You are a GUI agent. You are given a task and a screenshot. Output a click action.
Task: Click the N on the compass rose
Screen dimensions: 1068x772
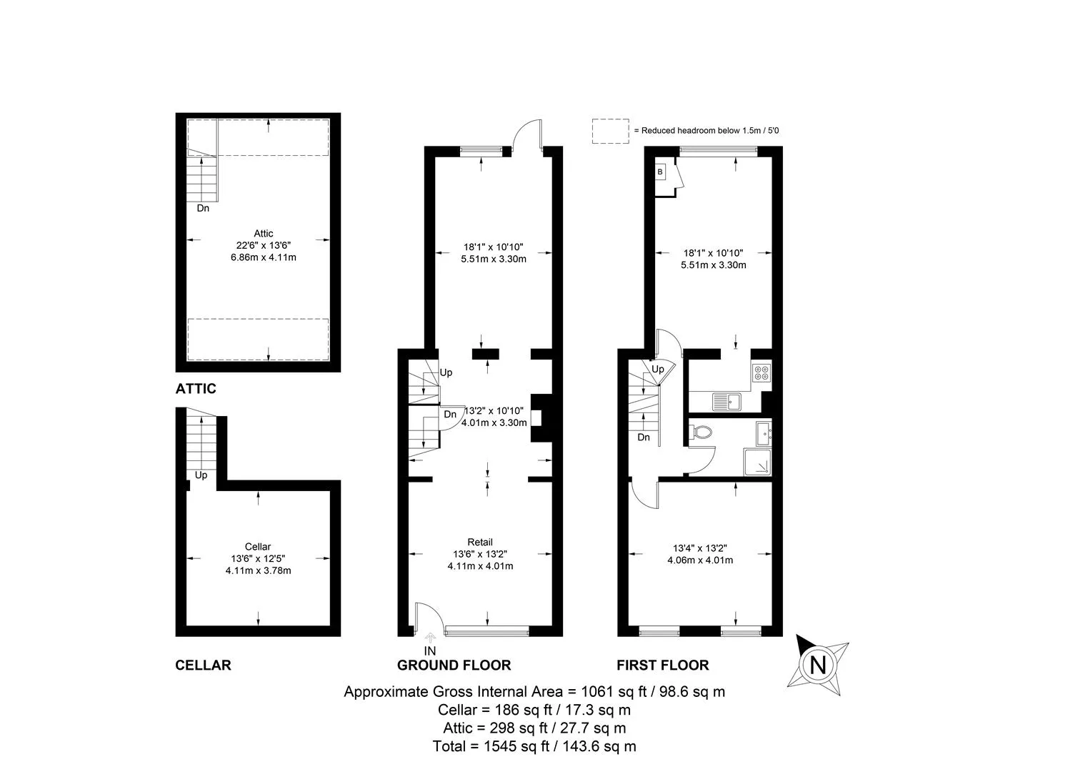(818, 665)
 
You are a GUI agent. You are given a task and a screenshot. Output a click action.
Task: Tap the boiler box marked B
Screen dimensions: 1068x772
(660, 172)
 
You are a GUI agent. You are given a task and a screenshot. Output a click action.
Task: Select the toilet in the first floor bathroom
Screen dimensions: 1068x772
(701, 432)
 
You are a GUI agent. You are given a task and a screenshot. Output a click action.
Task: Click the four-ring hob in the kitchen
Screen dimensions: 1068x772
(762, 372)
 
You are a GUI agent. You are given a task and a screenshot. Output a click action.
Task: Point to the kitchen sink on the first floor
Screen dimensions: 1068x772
(727, 401)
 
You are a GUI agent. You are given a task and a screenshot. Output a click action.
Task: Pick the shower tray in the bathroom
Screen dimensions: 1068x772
(757, 462)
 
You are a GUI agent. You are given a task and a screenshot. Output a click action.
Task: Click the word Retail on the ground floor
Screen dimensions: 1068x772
(480, 542)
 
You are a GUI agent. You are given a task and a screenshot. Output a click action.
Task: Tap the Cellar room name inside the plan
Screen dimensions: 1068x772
(257, 546)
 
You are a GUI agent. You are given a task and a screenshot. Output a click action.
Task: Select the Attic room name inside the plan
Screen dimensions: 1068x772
(263, 233)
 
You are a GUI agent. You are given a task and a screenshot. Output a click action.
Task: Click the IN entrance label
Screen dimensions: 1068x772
(430, 650)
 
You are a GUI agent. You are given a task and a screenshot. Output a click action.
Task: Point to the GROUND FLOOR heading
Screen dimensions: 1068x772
(454, 665)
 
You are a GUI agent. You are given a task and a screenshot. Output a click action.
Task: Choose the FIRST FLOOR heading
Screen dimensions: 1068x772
(663, 665)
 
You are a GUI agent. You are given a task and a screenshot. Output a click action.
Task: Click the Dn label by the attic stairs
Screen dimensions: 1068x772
(203, 208)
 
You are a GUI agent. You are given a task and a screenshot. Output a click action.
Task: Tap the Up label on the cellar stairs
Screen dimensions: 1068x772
(201, 475)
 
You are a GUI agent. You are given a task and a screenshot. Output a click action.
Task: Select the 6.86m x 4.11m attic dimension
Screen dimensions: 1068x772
(263, 257)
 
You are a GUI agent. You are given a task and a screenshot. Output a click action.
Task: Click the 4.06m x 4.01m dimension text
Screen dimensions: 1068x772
(700, 560)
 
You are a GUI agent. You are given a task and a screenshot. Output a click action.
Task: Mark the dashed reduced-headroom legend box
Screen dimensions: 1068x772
(610, 132)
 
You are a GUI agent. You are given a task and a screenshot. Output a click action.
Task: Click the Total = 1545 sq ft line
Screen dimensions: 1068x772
(534, 746)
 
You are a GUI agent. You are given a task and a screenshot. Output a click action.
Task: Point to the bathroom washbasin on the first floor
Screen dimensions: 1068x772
(764, 433)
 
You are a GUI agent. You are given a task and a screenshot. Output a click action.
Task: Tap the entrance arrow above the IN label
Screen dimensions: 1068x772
(430, 638)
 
